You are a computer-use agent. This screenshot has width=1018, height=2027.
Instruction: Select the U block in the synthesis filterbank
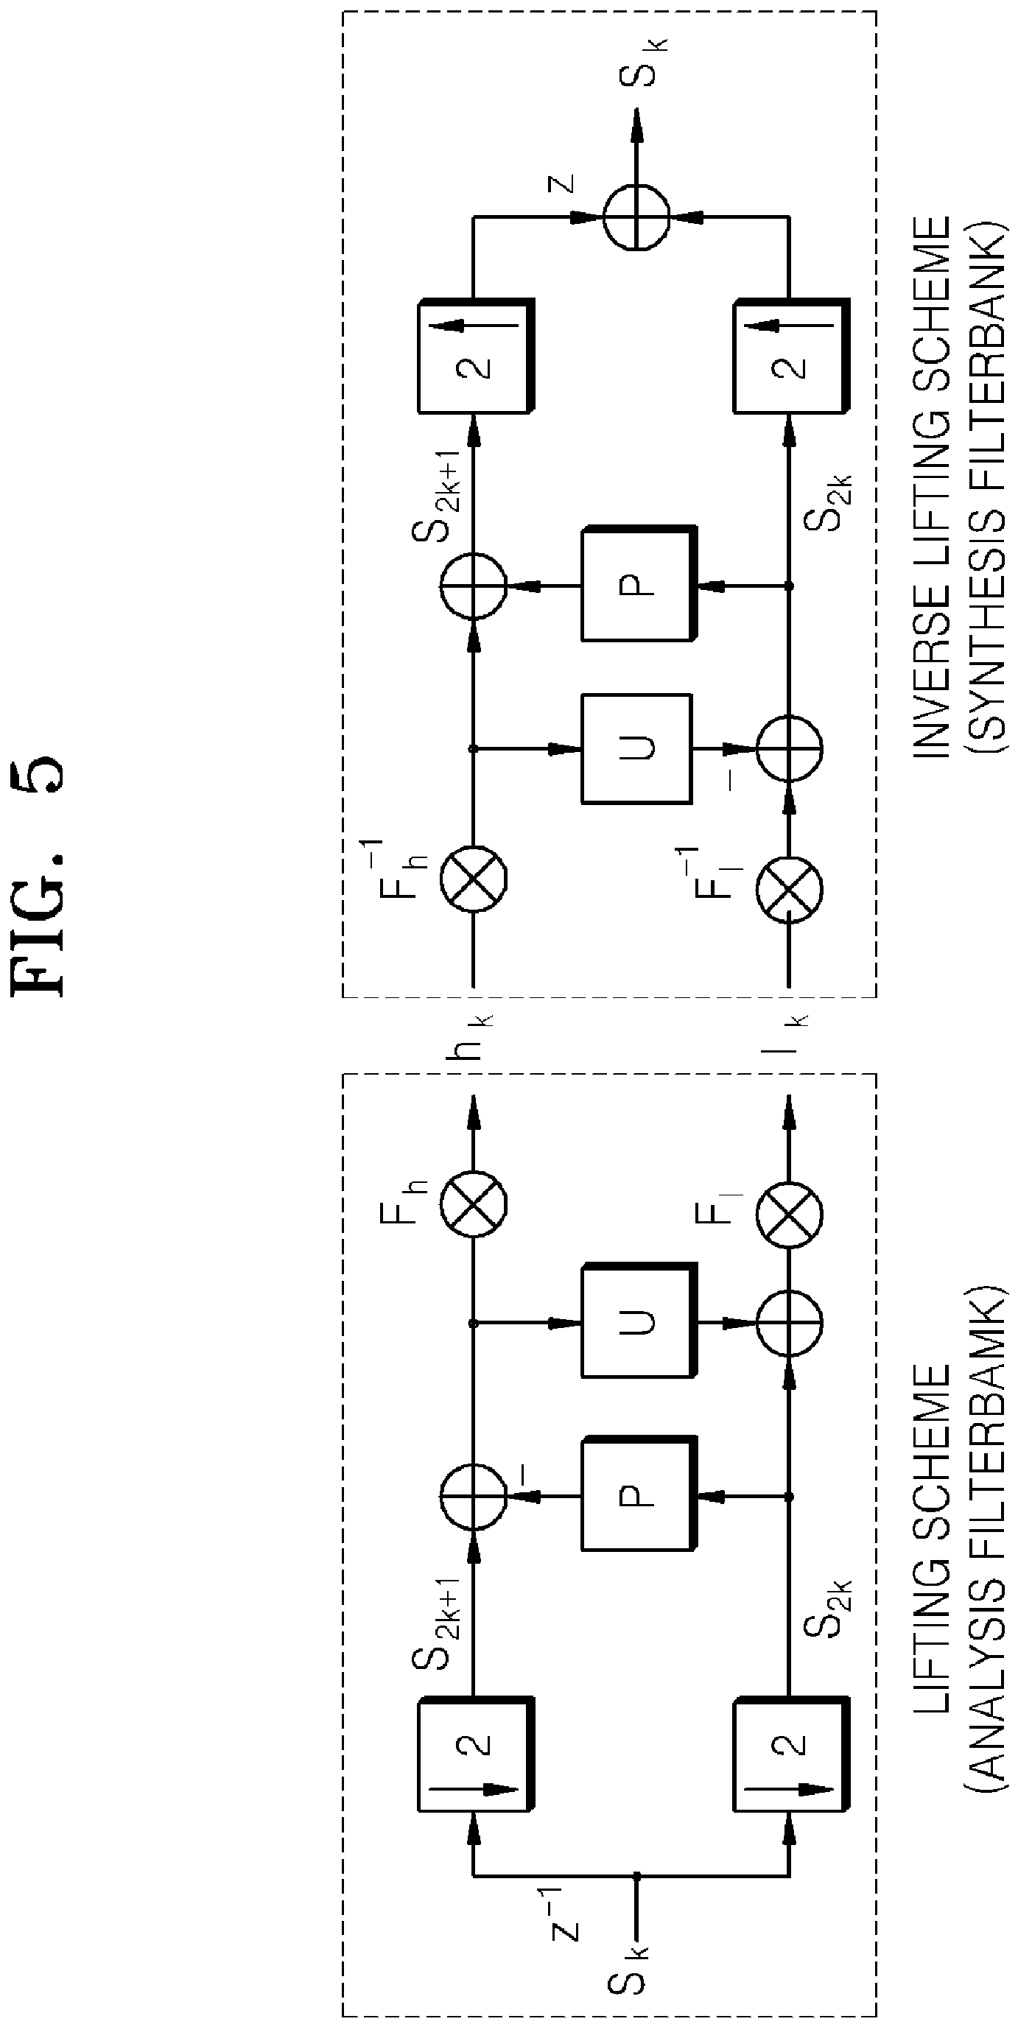click(x=636, y=748)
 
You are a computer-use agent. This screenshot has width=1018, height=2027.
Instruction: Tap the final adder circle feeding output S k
click(x=636, y=217)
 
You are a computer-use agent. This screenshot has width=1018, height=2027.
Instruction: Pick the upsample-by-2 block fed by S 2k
click(x=791, y=356)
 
